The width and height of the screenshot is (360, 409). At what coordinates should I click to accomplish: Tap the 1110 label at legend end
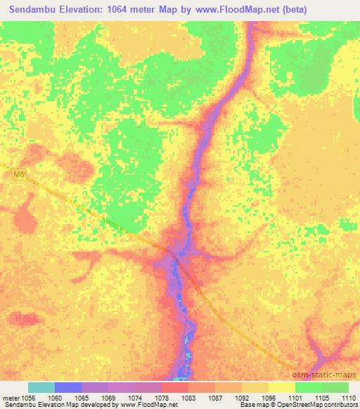[347, 397]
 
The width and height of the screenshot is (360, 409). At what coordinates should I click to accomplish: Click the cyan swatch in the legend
[41, 387]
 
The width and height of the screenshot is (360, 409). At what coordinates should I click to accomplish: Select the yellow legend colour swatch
[281, 387]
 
